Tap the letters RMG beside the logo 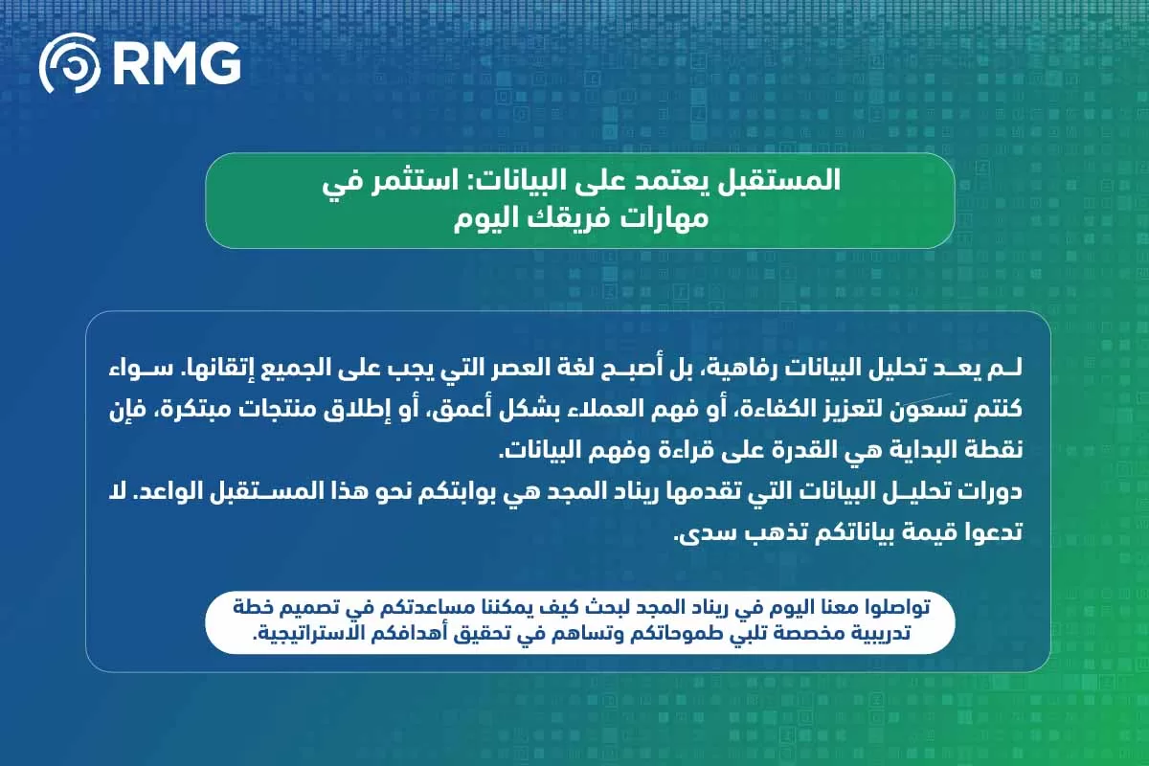click(x=175, y=63)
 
